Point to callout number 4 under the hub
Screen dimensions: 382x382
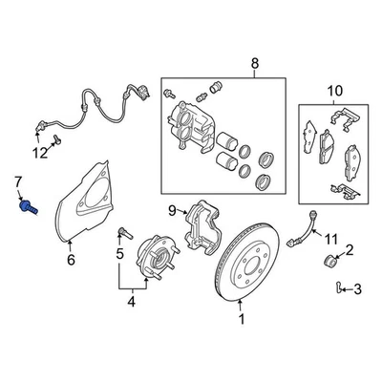click(132, 305)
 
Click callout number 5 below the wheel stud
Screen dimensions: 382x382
click(120, 254)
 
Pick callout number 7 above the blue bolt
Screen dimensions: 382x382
click(16, 181)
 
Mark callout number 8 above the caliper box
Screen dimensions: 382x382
click(254, 64)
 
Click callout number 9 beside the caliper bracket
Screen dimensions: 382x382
click(174, 211)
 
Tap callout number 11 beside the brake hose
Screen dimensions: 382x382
click(331, 239)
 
